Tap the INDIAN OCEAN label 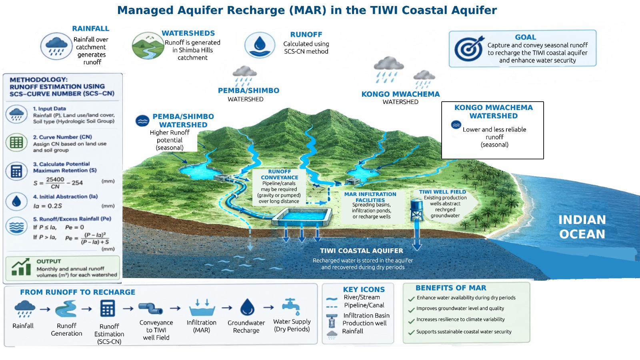click(x=582, y=227)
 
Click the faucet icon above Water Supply click(x=291, y=307)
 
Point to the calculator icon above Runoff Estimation click(x=108, y=308)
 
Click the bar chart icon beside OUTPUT click(x=21, y=267)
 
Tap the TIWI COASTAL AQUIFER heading click(x=362, y=250)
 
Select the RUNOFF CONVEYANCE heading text click(x=280, y=174)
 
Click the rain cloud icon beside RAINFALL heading click(x=56, y=46)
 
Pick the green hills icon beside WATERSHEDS click(x=148, y=46)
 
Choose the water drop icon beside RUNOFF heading click(x=260, y=45)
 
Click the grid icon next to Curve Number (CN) click(x=16, y=142)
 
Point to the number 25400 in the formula click(x=55, y=180)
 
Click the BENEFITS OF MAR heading click(x=450, y=288)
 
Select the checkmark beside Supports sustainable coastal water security click(x=412, y=332)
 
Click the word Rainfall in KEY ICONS click(x=352, y=331)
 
